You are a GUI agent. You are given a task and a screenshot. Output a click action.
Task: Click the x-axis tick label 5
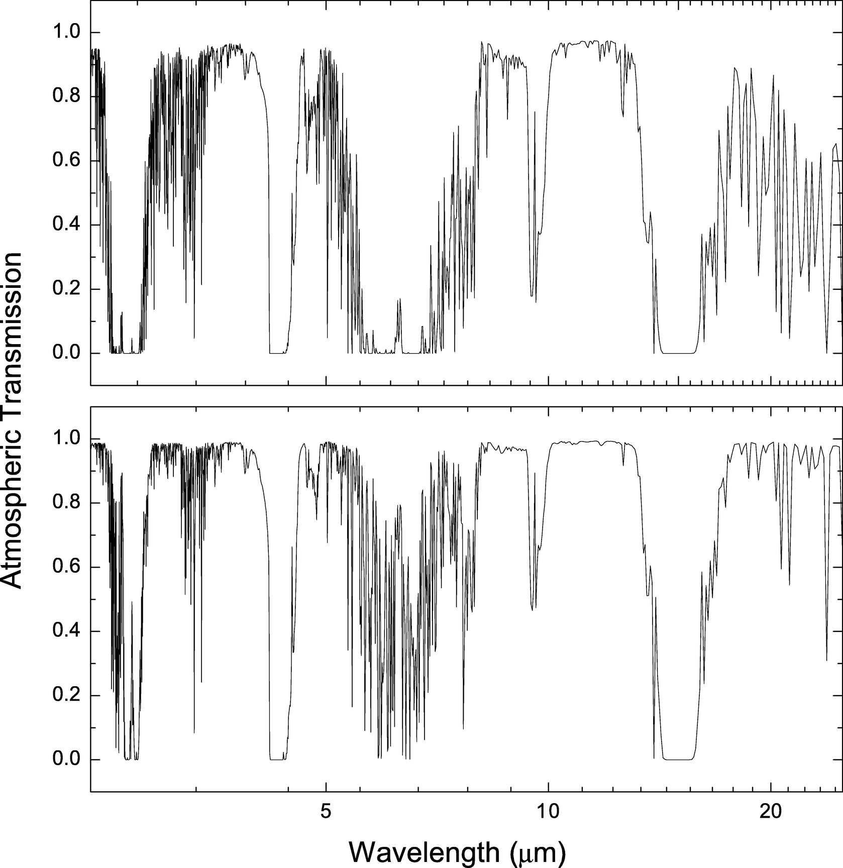[327, 811]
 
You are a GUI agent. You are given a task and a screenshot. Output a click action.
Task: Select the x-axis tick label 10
[549, 811]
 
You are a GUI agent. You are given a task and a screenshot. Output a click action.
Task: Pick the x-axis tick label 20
[771, 811]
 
